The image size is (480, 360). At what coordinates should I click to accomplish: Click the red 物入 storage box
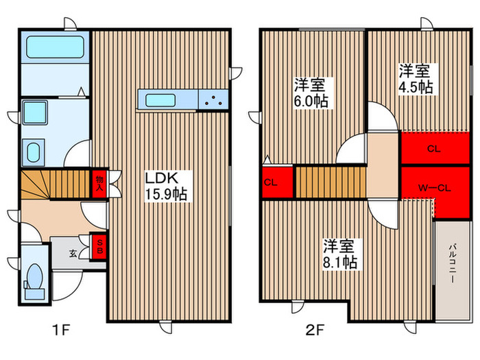(99, 183)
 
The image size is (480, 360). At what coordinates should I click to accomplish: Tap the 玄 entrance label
(73, 254)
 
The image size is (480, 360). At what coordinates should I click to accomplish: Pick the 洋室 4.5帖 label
(416, 79)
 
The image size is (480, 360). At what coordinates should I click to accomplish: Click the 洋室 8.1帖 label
(340, 252)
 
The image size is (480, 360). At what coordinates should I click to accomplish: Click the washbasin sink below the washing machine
(32, 152)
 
